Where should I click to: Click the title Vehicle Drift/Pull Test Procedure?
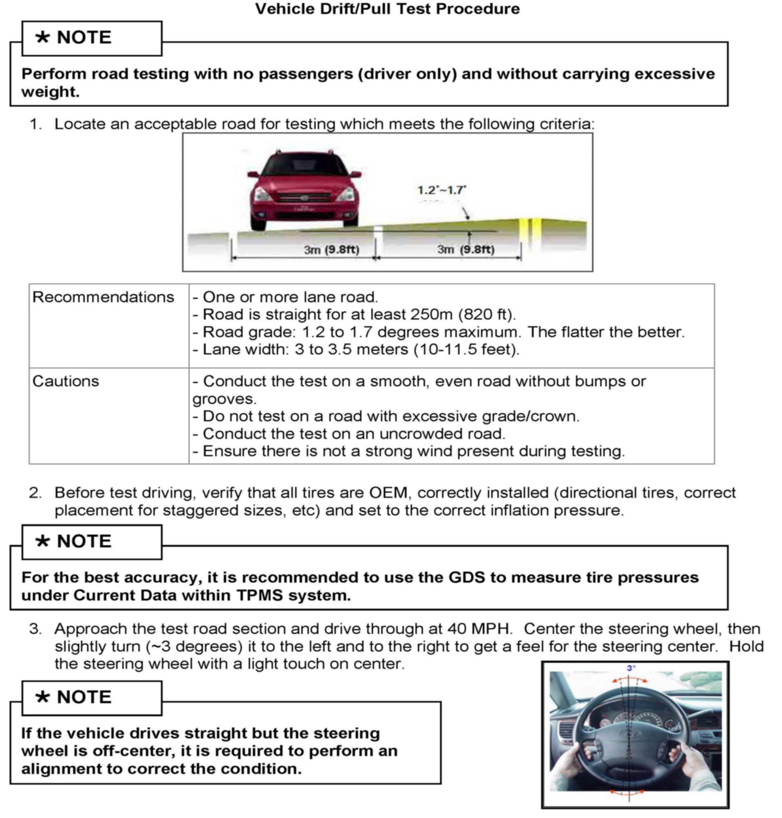(x=387, y=9)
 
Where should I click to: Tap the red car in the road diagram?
(x=304, y=190)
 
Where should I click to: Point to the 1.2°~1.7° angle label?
(x=441, y=190)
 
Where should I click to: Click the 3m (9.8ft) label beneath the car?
(x=331, y=250)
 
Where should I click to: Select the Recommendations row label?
(x=103, y=297)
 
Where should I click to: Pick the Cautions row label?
(x=66, y=381)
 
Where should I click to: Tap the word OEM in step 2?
(x=388, y=493)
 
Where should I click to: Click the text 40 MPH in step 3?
(x=479, y=628)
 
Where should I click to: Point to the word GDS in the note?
(x=466, y=577)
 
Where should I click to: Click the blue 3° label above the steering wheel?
(x=631, y=668)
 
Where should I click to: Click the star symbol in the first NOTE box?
(x=42, y=38)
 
